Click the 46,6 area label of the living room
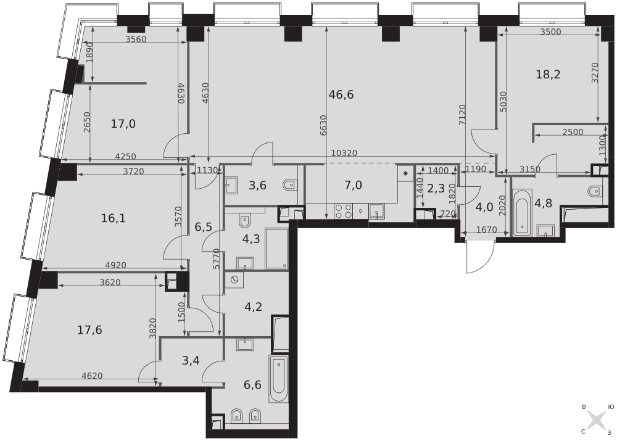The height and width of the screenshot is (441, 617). coord(341,95)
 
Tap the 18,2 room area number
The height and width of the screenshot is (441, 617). coord(548,74)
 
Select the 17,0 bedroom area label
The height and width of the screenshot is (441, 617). coord(123,125)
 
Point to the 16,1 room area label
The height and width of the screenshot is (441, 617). coord(114,218)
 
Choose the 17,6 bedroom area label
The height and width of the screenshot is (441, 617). coord(89,329)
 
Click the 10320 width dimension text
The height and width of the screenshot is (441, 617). coord(344,153)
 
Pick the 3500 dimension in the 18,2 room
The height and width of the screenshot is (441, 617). coord(550,32)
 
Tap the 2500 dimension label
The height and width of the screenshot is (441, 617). coord(573,132)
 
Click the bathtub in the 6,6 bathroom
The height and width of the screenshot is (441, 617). coord(279,379)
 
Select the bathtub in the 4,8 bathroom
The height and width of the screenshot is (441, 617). coord(523,212)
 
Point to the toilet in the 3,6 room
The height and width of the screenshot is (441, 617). coord(291,184)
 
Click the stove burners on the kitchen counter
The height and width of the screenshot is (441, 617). coord(343,212)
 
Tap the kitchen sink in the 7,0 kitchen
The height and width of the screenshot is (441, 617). coord(377,212)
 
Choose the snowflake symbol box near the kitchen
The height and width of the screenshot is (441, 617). coord(405,173)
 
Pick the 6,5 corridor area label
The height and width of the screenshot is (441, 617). coord(204,227)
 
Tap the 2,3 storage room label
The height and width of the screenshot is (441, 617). coord(436,189)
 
